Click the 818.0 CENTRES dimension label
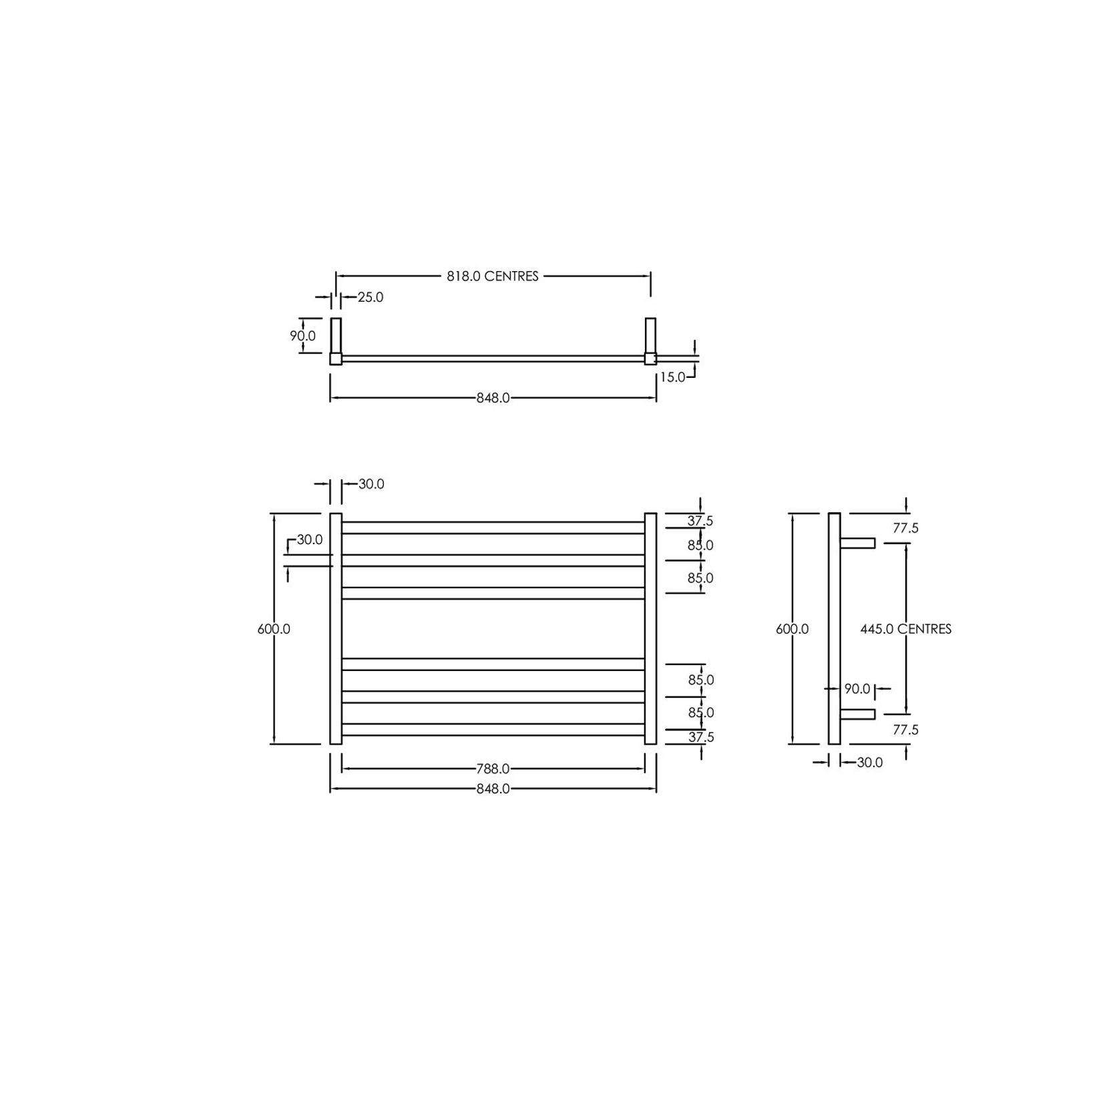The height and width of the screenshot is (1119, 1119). tap(493, 276)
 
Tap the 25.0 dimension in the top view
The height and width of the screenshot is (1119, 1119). tap(371, 297)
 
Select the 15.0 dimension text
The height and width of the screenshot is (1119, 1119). tap(672, 377)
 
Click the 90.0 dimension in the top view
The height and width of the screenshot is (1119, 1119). tap(302, 336)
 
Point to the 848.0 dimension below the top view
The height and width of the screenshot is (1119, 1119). tap(493, 398)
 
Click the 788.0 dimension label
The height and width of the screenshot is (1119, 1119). tap(493, 769)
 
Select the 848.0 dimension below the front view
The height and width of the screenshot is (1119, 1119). tap(493, 789)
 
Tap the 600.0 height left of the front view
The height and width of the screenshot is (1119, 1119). tap(274, 629)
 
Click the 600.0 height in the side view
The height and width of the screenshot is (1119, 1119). tap(792, 629)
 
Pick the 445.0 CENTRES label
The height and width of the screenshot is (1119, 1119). tap(905, 629)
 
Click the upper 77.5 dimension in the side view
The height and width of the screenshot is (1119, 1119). tap(905, 528)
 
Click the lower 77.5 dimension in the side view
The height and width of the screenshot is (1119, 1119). tap(905, 730)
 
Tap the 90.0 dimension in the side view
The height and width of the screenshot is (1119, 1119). tap(857, 688)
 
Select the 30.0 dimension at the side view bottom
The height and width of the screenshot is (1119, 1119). tap(869, 762)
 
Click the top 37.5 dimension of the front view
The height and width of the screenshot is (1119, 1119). tap(700, 521)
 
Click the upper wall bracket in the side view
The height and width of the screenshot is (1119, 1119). tap(858, 543)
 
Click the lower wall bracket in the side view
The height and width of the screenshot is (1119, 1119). tap(858, 714)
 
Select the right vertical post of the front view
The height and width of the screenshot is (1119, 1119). tap(650, 628)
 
